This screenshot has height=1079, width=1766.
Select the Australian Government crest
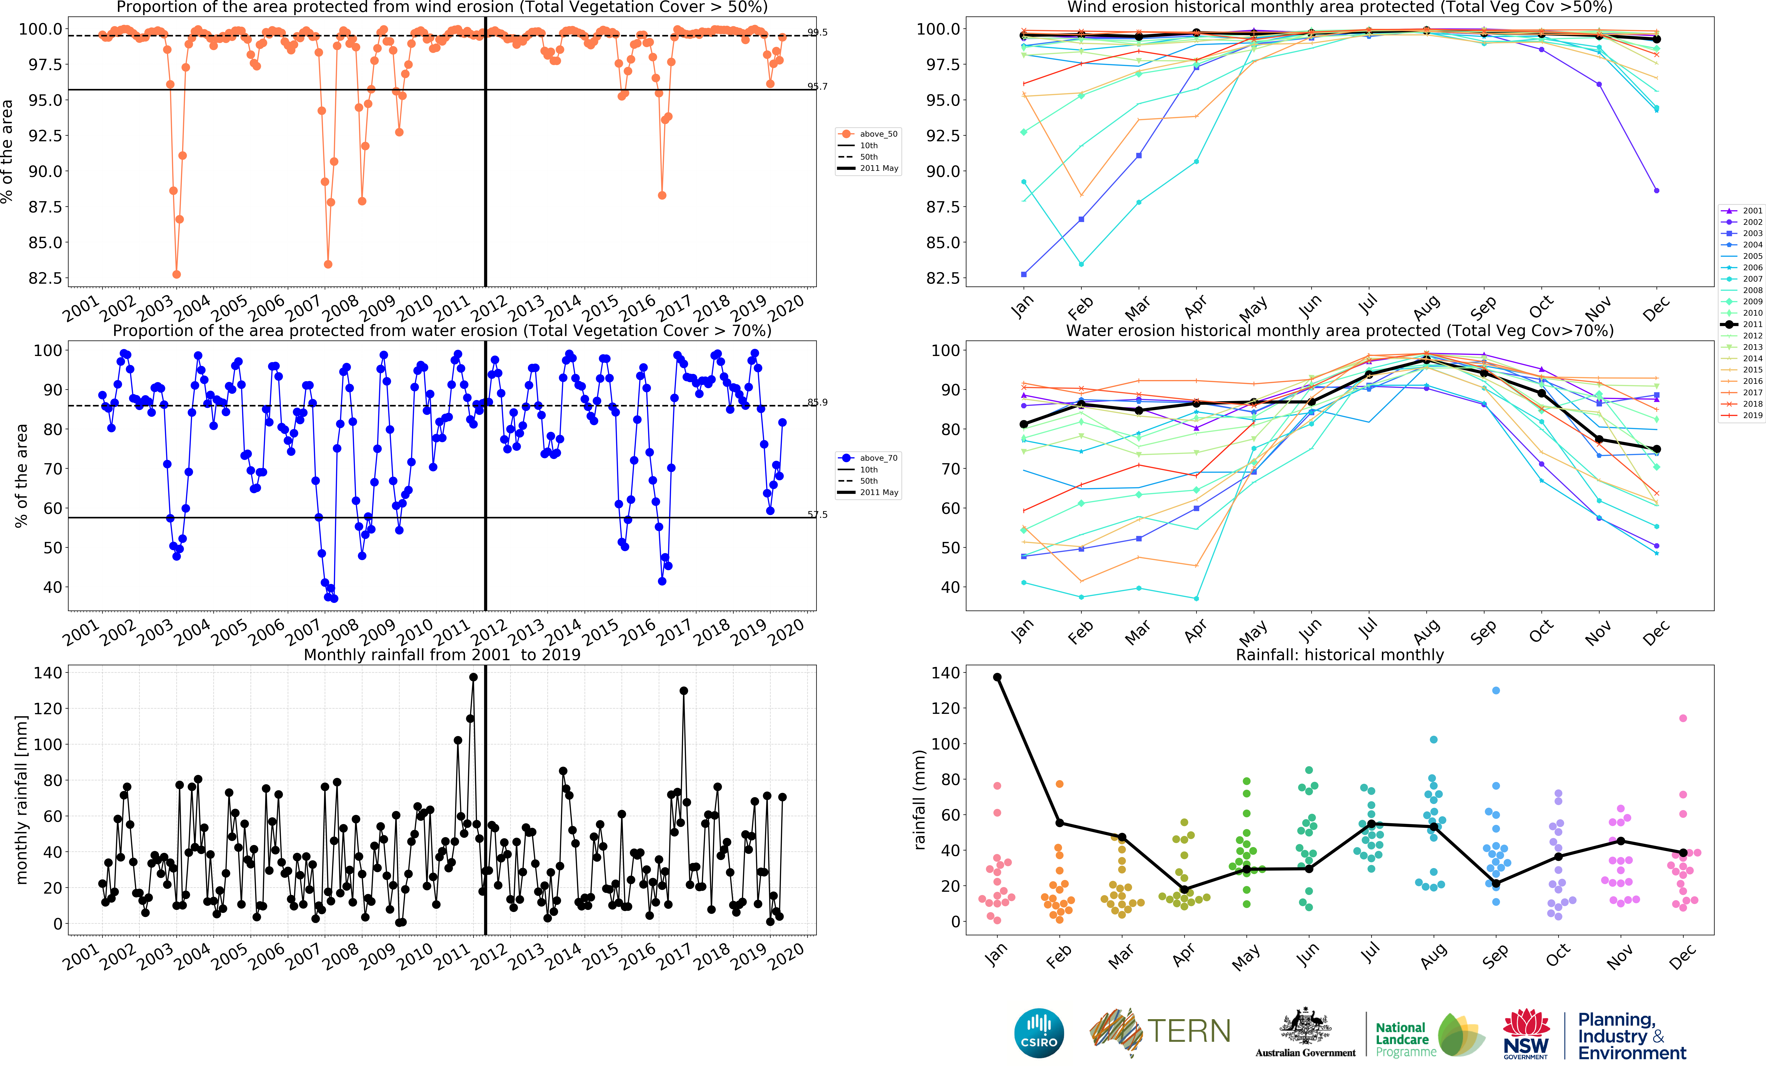click(x=1305, y=1025)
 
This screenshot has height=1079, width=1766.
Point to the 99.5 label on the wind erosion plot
click(x=817, y=32)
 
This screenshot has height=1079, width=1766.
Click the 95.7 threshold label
click(x=817, y=87)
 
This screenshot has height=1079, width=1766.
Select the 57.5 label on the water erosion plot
click(x=817, y=515)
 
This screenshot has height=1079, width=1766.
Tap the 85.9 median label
click(x=817, y=402)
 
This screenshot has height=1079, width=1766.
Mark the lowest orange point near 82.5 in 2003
click(x=176, y=275)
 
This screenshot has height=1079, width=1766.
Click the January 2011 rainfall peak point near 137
click(x=473, y=677)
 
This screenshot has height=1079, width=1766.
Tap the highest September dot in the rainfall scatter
click(x=1496, y=690)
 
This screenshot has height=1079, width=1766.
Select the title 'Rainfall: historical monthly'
click(x=1339, y=655)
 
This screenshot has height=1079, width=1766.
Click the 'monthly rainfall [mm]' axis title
click(x=21, y=799)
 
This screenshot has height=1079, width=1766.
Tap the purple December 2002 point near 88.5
click(x=1656, y=191)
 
